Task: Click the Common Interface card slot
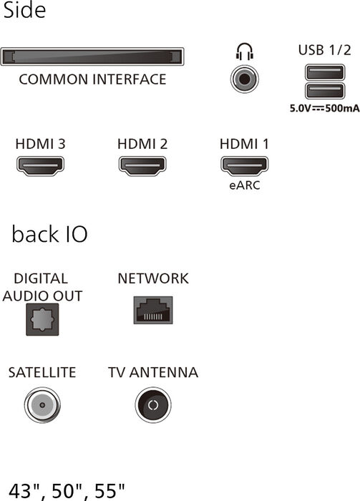click(92, 57)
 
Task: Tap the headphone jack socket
click(244, 79)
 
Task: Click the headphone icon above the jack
click(244, 52)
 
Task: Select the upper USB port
click(325, 72)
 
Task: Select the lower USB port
click(325, 91)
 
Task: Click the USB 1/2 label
click(324, 50)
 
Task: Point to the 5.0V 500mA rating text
click(324, 108)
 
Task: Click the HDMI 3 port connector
click(40, 166)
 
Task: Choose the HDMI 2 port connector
click(142, 166)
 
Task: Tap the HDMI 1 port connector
click(244, 166)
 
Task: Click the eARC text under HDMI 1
click(245, 185)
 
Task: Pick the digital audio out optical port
click(42, 319)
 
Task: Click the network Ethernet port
click(153, 310)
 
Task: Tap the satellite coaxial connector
click(42, 405)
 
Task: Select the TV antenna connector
click(153, 405)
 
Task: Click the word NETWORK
click(153, 278)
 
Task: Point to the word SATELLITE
click(42, 372)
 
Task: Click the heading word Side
click(24, 10)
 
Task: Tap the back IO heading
click(49, 234)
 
